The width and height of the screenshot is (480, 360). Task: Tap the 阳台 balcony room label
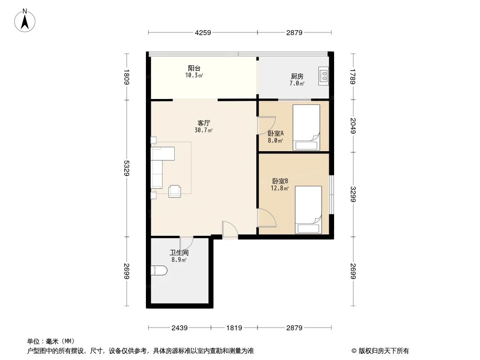click(194, 68)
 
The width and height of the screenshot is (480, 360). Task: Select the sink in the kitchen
click(323, 76)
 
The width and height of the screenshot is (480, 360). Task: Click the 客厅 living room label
click(204, 122)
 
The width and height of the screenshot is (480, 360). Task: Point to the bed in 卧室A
click(306, 127)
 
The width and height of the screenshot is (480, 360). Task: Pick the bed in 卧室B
click(308, 209)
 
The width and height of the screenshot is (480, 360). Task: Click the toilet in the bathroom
click(158, 270)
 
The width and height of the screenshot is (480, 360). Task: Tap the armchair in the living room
click(175, 191)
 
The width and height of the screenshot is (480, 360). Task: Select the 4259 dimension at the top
click(203, 32)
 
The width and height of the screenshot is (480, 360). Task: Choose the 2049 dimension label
click(353, 126)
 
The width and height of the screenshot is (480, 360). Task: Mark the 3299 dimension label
click(353, 194)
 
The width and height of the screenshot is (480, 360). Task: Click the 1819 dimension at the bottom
click(234, 328)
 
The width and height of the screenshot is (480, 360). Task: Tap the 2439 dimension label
click(179, 328)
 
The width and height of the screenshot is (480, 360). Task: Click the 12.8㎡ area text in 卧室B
click(279, 189)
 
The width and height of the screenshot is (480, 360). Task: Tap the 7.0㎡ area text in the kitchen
click(297, 84)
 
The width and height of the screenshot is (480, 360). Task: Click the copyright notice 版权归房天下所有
click(380, 351)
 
